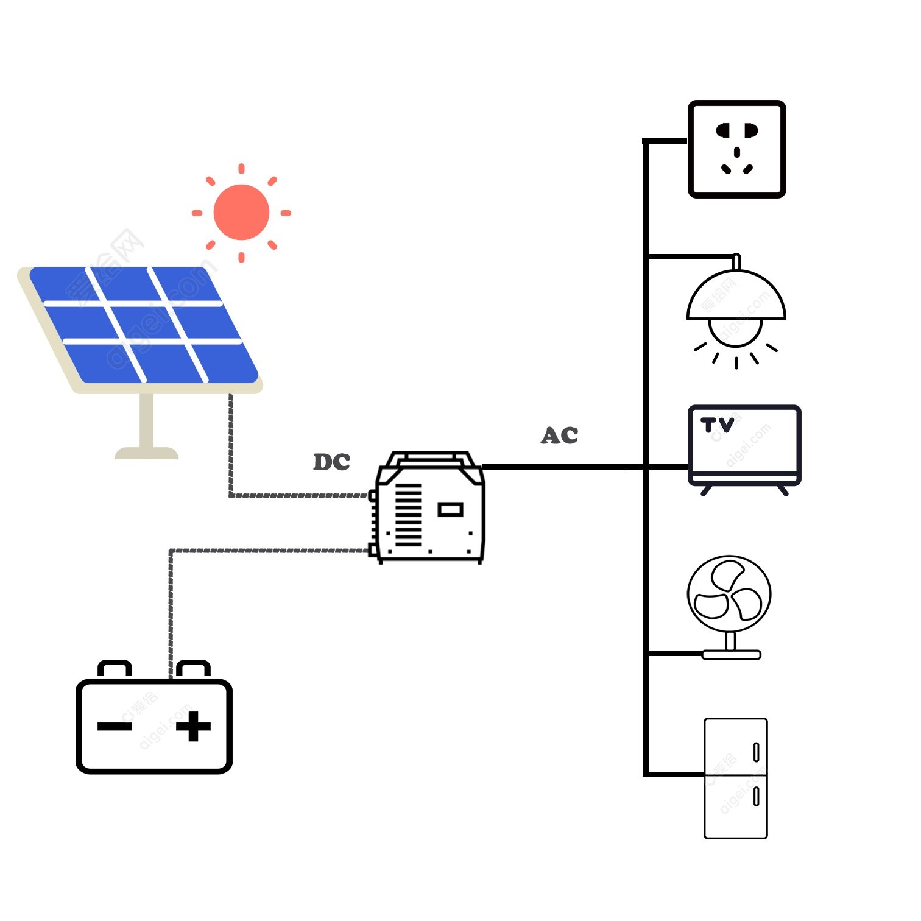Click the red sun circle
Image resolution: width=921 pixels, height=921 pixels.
tap(241, 212)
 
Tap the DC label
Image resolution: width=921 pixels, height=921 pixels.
tap(331, 462)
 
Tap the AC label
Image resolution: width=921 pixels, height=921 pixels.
tap(559, 436)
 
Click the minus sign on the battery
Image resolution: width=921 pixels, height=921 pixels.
tap(115, 726)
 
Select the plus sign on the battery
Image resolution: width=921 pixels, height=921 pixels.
tap(193, 726)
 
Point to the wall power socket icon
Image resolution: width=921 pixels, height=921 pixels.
tap(736, 149)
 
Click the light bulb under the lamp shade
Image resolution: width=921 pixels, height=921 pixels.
tap(735, 333)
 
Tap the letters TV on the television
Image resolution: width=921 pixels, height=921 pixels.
tap(717, 425)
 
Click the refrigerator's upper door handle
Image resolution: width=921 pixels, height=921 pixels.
tap(756, 752)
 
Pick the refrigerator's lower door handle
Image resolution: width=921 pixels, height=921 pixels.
tap(756, 796)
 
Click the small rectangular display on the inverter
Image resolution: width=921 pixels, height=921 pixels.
tap(450, 509)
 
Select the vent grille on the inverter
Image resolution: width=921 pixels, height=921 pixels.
tap(408, 515)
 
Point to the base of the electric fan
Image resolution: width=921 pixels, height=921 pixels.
tap(731, 655)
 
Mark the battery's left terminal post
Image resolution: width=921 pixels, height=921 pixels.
tap(115, 669)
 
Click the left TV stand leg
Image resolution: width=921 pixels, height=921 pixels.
tap(706, 490)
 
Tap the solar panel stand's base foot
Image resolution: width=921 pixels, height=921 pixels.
tap(146, 453)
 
